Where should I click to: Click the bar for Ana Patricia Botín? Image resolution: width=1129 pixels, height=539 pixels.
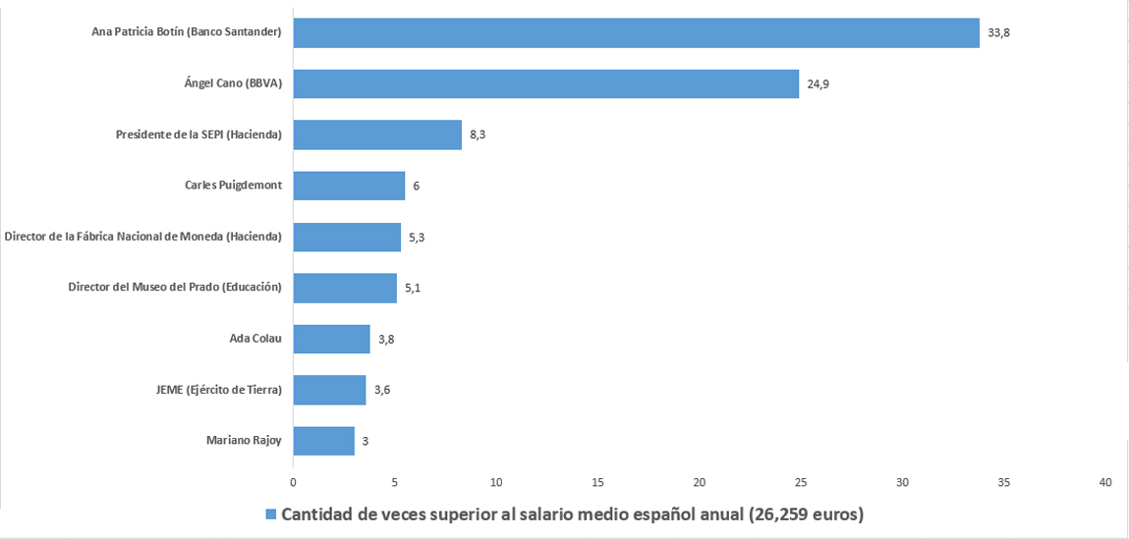coord(636,32)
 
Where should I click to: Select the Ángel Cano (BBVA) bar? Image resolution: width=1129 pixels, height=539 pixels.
coord(545,83)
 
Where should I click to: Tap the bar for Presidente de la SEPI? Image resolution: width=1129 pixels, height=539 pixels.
coord(377,135)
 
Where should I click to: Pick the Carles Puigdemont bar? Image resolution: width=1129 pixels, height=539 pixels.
coord(349,186)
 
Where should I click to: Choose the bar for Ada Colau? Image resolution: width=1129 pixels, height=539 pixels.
coord(331,339)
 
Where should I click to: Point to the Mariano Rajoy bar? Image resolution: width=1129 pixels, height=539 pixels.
coord(323,441)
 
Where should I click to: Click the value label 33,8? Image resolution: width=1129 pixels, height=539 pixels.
coord(998,32)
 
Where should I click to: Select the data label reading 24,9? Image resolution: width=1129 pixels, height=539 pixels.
coord(819,83)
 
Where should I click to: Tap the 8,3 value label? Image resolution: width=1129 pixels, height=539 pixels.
coord(478,135)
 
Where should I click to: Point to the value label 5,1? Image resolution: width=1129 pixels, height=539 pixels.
coord(413,288)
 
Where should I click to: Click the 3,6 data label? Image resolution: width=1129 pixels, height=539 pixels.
coord(382,390)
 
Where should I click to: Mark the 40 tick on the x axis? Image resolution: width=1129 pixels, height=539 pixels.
coord(1105,482)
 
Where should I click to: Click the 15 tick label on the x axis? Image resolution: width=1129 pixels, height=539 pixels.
coord(597,482)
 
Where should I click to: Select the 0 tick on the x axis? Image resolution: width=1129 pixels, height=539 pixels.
coord(293,482)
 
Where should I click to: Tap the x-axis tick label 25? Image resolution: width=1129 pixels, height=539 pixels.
coord(801,482)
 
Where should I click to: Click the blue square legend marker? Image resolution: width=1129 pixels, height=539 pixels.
coord(271,514)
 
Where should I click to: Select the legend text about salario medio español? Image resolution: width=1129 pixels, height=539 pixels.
coord(572,514)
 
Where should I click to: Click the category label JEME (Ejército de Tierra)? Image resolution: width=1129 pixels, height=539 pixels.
coord(212,390)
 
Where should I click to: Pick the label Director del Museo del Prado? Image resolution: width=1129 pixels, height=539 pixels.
coord(175,288)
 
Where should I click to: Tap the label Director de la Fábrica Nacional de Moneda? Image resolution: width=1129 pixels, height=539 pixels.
coord(143,237)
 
